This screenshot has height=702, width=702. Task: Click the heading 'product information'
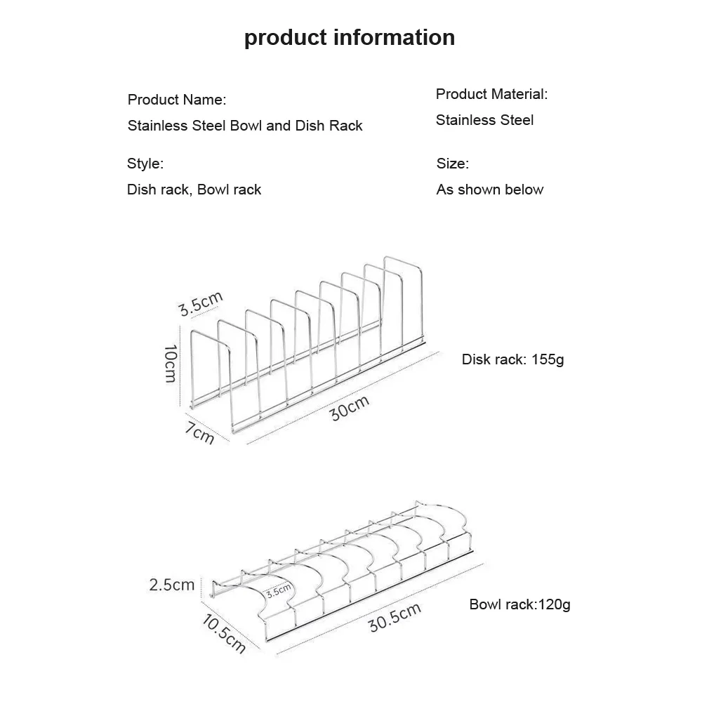[x=350, y=37]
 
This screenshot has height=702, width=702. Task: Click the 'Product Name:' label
[x=177, y=100]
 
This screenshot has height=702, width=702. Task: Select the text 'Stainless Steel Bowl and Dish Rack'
[x=245, y=126]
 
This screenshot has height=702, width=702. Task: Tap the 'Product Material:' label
[x=491, y=94]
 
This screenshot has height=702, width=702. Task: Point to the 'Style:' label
[x=145, y=164]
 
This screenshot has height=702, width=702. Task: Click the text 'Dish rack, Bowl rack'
[x=194, y=190]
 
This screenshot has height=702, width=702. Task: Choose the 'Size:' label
[x=453, y=164]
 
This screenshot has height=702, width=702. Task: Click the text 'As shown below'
[x=490, y=190]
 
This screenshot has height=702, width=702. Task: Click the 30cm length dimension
[x=350, y=408]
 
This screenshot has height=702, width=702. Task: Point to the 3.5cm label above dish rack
[x=200, y=304]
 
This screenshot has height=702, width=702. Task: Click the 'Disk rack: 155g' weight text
[x=513, y=360]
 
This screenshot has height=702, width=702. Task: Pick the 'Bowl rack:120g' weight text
[x=519, y=604]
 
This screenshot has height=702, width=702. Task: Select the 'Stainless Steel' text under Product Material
[x=484, y=120]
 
